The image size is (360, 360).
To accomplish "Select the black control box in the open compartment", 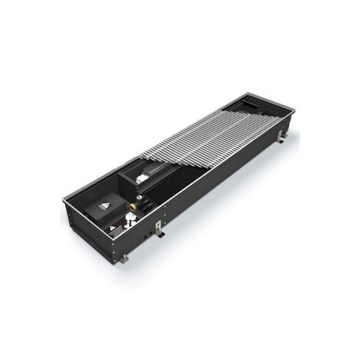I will point(98,210).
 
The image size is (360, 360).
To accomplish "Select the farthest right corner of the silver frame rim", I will point(295,110).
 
